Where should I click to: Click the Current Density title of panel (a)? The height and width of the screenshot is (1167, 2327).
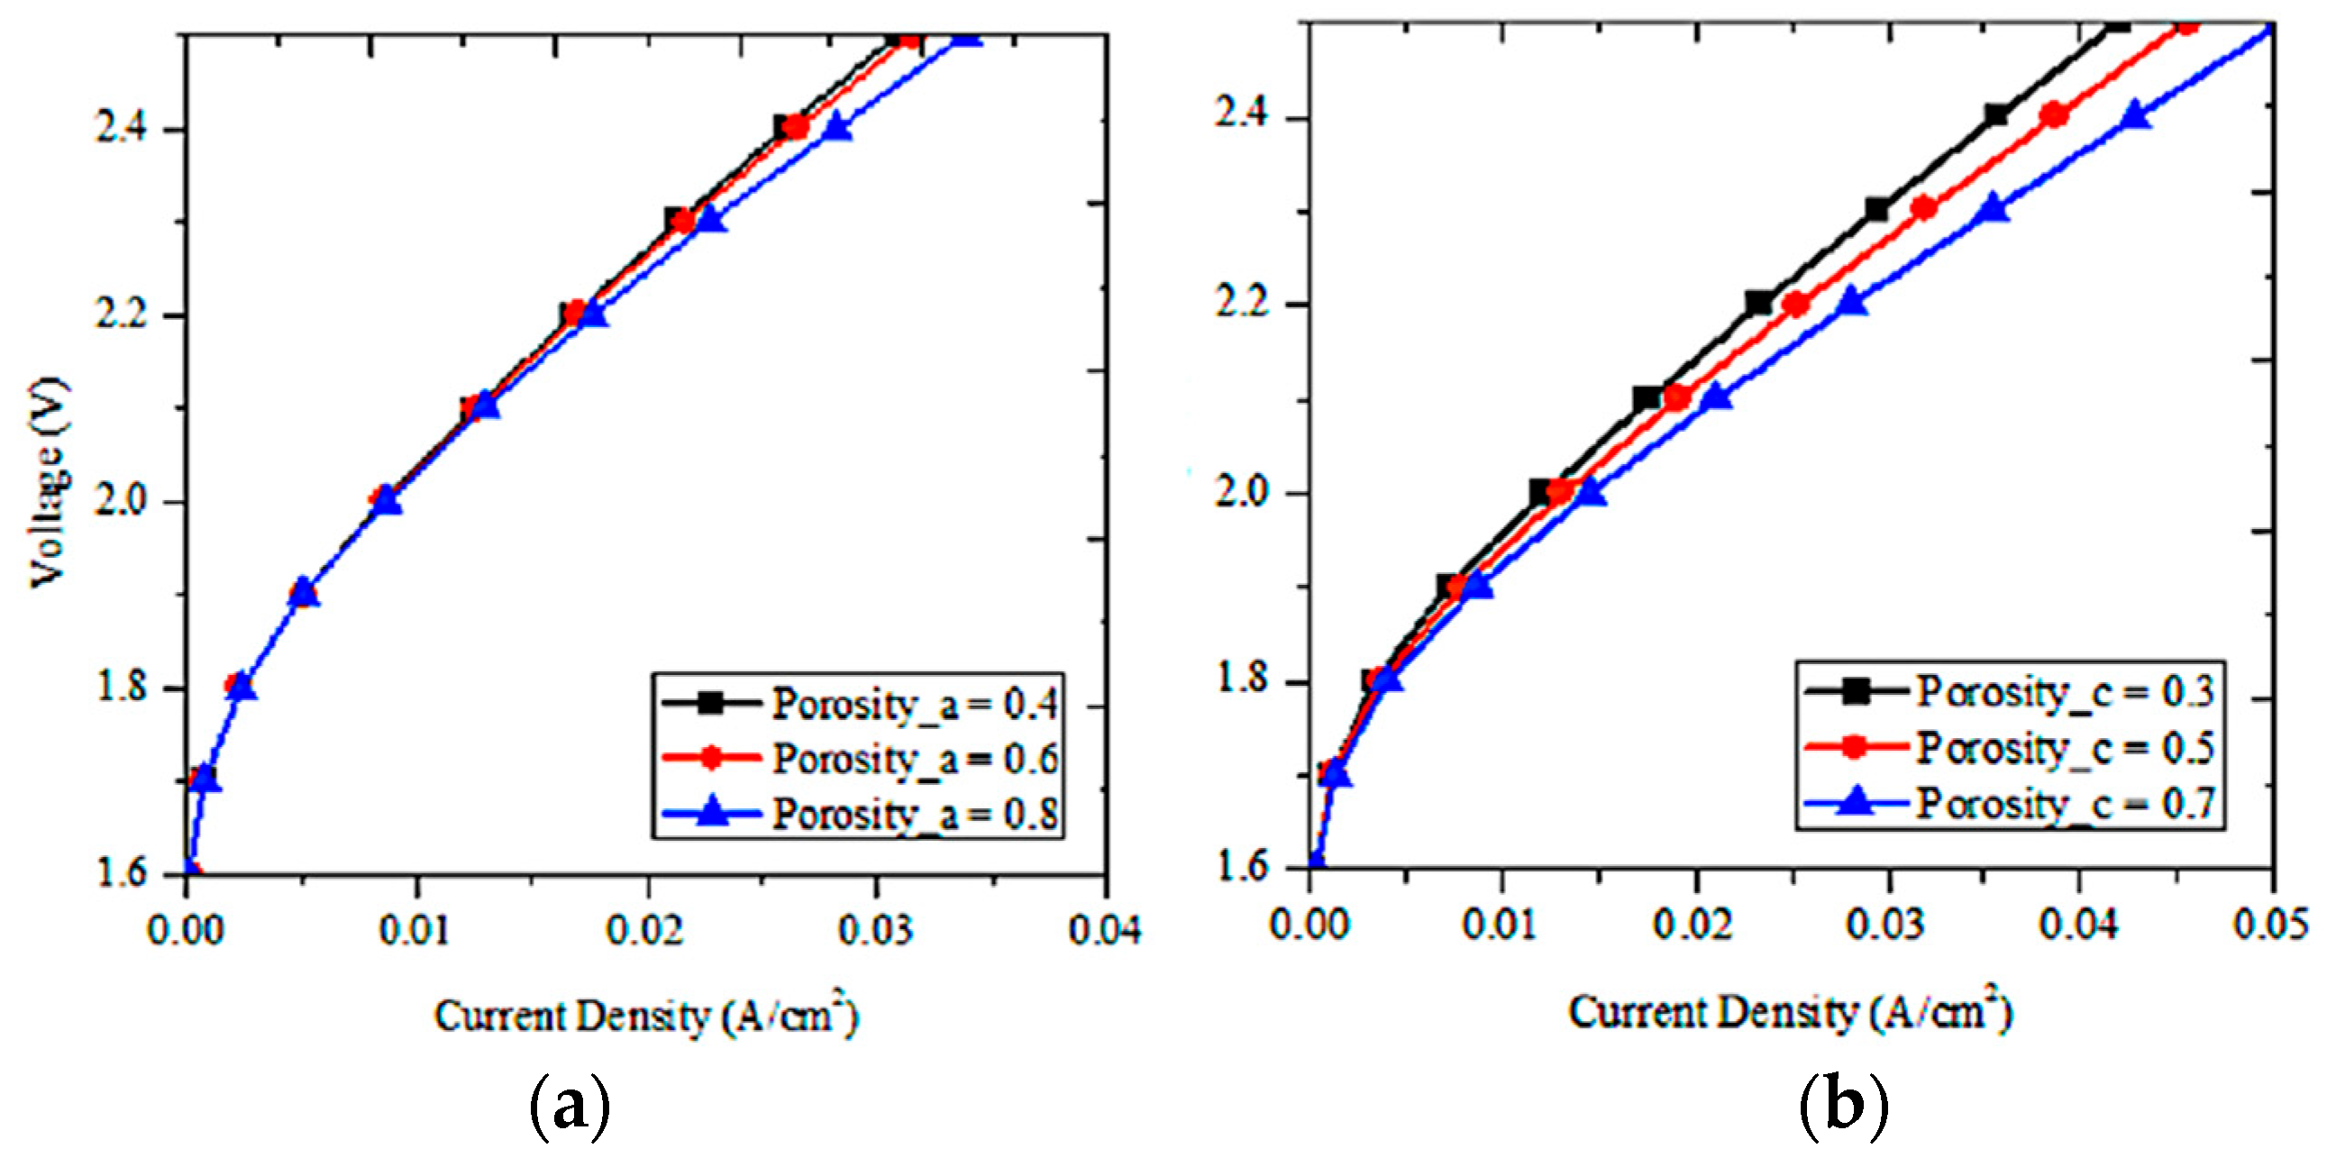(x=645, y=1017)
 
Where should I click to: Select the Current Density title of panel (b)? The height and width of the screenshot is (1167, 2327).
(x=1789, y=1012)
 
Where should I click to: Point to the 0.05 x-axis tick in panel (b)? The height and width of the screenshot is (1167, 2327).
(x=2271, y=925)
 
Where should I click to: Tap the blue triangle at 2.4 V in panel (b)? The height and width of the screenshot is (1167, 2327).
(x=2135, y=115)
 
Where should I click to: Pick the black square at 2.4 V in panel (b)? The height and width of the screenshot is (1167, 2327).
(x=1996, y=114)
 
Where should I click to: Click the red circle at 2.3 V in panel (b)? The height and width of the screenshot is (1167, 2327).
(x=1924, y=209)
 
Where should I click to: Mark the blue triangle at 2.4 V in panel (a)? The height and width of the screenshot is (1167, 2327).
(x=837, y=127)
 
